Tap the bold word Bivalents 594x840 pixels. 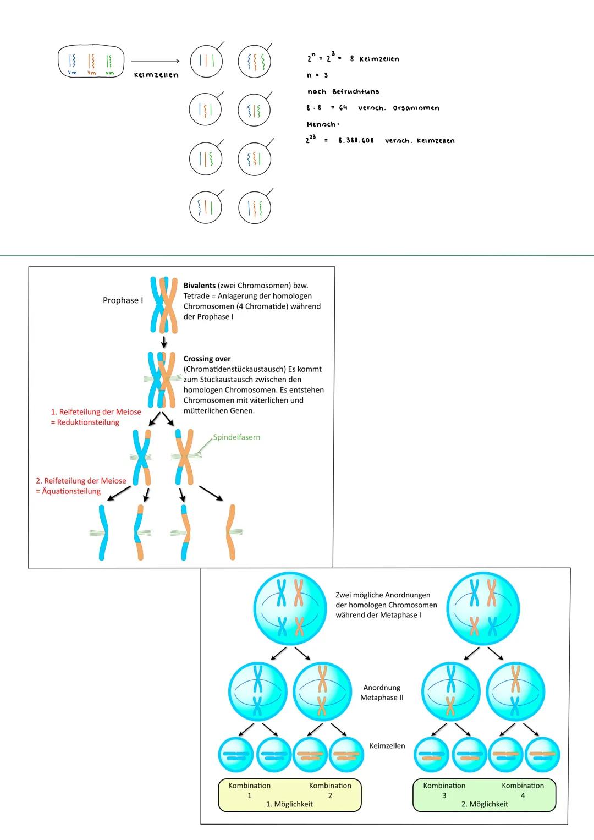(x=199, y=286)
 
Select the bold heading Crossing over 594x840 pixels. (x=207, y=359)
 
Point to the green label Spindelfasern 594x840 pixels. (x=237, y=437)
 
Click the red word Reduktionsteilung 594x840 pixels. (x=88, y=422)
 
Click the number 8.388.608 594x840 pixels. (x=356, y=141)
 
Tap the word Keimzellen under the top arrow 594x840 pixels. (x=156, y=75)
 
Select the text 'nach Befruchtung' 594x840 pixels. (x=343, y=91)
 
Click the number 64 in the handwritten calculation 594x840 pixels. (x=343, y=108)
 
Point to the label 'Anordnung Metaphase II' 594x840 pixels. (x=382, y=693)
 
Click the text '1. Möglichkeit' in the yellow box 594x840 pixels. (x=289, y=804)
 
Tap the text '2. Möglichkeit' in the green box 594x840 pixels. (x=485, y=804)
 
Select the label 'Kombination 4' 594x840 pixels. (x=522, y=790)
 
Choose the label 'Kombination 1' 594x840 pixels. (x=249, y=790)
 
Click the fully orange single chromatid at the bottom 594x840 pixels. (x=232, y=532)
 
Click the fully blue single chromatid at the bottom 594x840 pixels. (x=103, y=532)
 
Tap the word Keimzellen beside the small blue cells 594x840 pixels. (x=387, y=746)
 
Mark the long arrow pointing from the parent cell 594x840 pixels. (x=156, y=61)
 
